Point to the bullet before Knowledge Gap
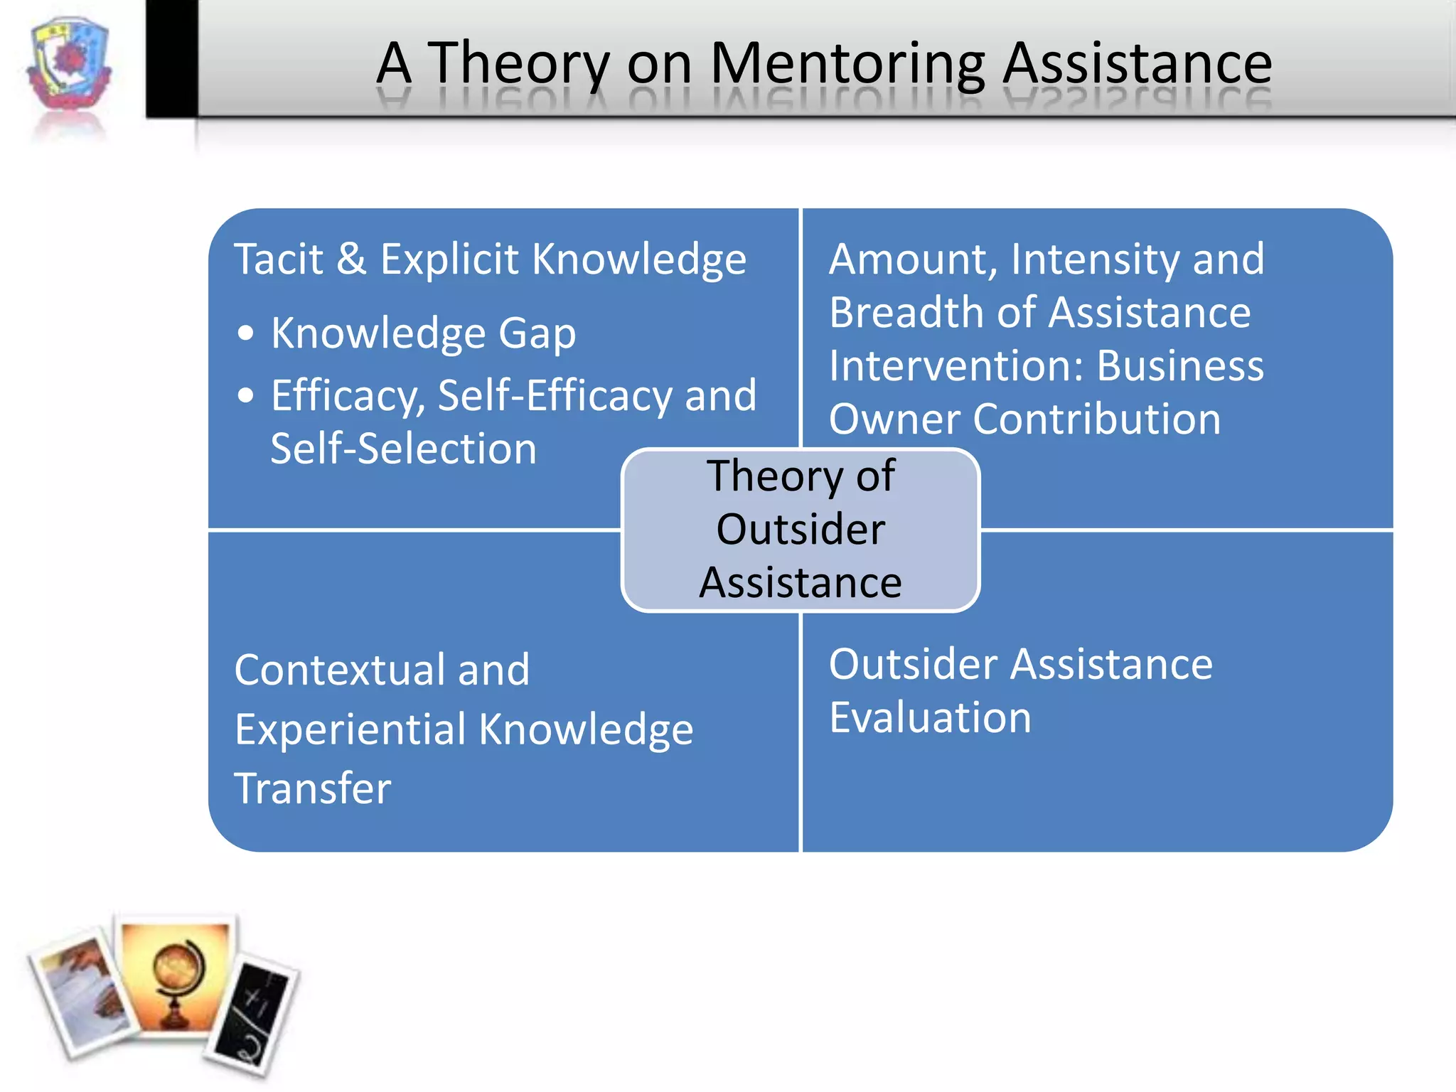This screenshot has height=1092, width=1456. tap(246, 333)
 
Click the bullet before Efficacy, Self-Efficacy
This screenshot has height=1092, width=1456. tap(246, 395)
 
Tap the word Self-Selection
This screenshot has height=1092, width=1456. tap(404, 449)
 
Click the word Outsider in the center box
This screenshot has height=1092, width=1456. tap(801, 530)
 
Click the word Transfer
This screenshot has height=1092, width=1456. tap(313, 788)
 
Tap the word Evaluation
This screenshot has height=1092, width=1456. tap(930, 717)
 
